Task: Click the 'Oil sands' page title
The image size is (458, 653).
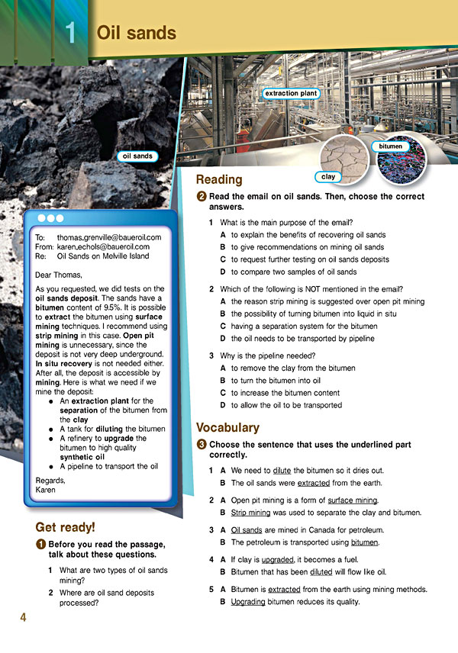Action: click(136, 33)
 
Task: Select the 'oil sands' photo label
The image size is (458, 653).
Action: click(137, 156)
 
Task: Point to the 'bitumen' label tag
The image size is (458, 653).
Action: click(391, 145)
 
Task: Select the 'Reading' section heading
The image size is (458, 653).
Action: click(219, 179)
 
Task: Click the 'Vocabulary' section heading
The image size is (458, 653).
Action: click(228, 427)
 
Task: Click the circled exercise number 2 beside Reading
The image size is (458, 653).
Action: click(201, 196)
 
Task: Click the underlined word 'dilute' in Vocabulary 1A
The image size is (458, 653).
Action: click(282, 470)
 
